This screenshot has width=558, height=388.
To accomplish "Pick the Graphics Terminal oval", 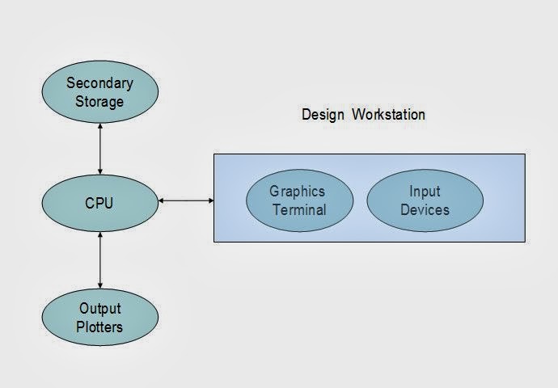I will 297,200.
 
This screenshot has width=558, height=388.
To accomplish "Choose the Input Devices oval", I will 425,200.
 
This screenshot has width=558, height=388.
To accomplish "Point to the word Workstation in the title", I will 388,114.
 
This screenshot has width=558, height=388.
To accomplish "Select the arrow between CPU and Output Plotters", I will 99,260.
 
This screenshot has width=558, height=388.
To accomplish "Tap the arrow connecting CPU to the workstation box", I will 186,200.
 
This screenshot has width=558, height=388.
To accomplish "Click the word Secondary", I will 99,82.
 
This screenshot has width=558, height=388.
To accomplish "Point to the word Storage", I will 99,102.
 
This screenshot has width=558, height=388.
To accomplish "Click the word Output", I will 99,308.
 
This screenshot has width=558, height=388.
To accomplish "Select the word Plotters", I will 99,327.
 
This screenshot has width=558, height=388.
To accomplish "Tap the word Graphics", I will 297,192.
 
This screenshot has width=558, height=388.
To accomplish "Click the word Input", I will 425,192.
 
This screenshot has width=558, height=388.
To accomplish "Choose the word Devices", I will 425,210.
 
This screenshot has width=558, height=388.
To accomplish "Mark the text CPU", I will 99,203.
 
